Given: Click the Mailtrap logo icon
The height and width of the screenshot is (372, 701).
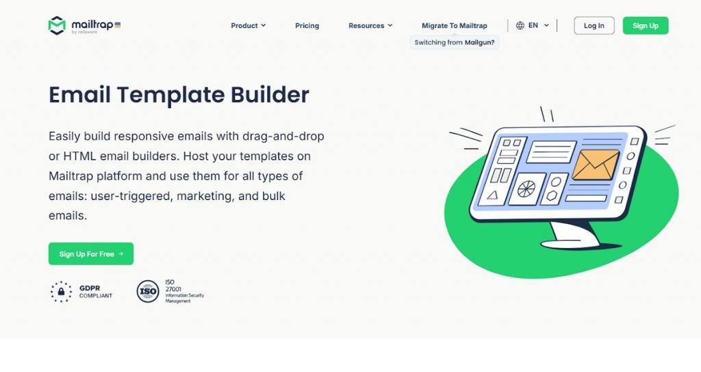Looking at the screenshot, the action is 57,25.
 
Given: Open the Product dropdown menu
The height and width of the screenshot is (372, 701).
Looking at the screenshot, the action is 248,25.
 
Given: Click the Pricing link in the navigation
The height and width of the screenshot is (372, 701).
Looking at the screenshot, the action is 307,25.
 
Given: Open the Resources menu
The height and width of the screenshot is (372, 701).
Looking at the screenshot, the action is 370,25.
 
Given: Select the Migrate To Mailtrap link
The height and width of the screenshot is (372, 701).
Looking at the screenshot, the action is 455,25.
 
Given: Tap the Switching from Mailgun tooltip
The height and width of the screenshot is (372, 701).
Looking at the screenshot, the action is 455,42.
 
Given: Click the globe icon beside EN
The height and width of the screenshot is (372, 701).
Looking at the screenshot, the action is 520,25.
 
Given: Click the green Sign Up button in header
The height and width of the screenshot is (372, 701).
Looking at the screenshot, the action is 645,25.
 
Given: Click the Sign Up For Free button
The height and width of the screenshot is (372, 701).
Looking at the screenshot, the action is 91,253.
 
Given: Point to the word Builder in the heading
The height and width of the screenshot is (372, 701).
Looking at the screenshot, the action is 270,95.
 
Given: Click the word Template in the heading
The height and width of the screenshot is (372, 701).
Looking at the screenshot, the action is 170,95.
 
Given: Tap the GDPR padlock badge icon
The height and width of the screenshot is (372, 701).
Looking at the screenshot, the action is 61,292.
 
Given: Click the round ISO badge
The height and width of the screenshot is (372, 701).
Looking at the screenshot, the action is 148,291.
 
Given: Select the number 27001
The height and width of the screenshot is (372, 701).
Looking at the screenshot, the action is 173,289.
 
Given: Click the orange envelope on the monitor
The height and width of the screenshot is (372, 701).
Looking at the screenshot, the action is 596,164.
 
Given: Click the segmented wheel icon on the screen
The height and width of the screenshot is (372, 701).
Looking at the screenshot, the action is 526,189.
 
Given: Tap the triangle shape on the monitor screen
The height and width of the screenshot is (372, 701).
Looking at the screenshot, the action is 493,195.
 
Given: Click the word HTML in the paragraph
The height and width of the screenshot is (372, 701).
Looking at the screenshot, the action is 79,156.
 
